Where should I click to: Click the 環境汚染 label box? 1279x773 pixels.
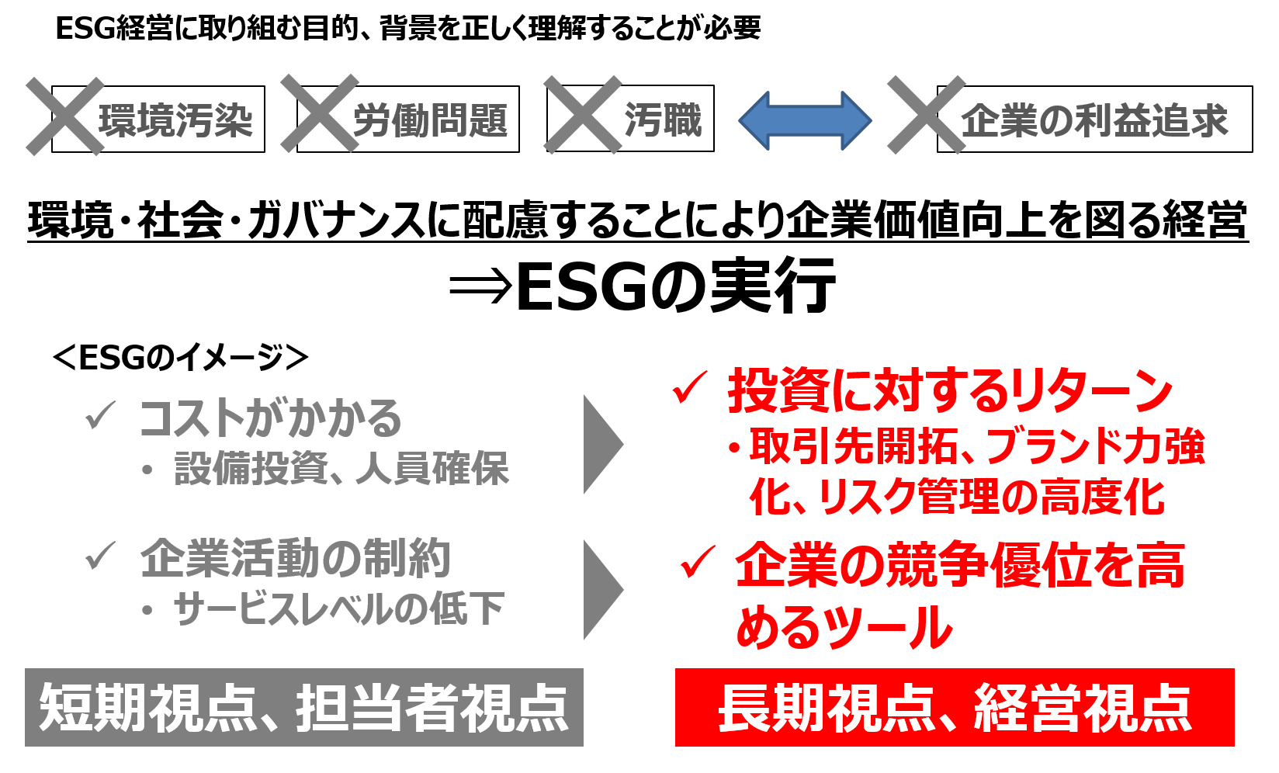175,120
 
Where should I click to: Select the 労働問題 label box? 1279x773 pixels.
429,120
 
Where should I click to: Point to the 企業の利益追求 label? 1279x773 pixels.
1094,120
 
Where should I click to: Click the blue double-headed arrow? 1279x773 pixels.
805,120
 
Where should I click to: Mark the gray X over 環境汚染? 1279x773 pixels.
65,116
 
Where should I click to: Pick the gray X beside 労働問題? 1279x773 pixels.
319,114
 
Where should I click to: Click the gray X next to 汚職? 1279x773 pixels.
582,115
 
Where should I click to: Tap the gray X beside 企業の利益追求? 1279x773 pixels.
926,115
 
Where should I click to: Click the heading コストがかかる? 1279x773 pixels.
270,418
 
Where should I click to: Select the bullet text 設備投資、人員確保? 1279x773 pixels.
341,469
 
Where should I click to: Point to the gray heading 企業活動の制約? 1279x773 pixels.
295,558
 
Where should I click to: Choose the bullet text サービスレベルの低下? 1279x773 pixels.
338,608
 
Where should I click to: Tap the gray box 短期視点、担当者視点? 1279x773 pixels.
303,707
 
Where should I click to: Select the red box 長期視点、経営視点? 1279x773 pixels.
954,707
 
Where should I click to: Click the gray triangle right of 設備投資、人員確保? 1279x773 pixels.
602,444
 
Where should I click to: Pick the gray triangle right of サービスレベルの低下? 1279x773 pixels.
602,590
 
